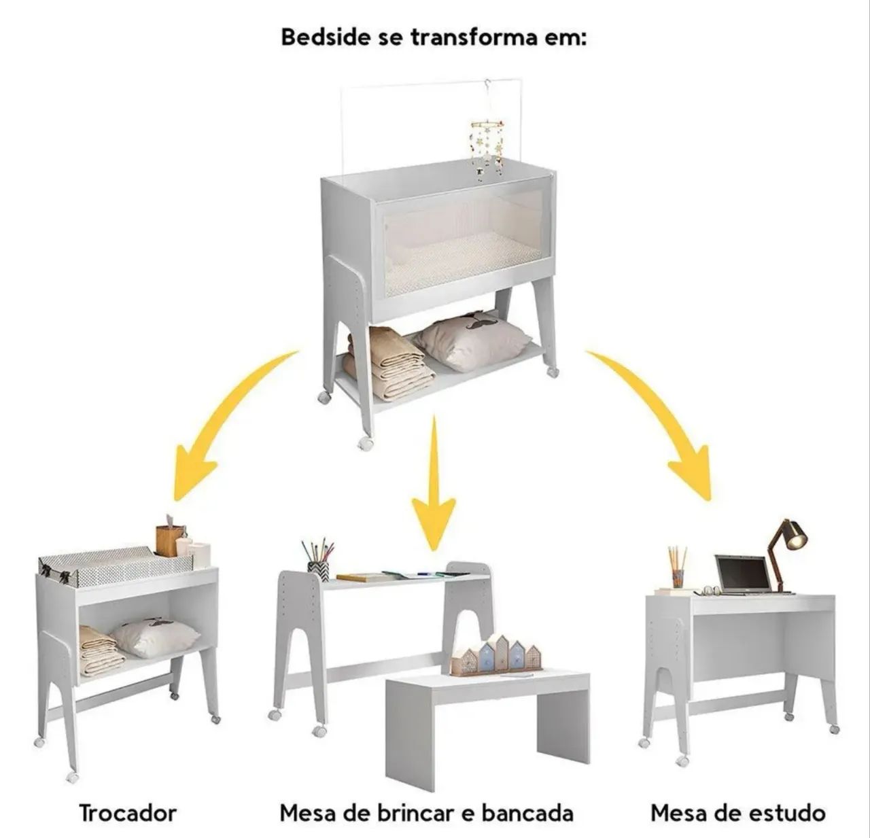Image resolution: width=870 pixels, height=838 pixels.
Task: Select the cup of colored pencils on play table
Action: [x=318, y=559]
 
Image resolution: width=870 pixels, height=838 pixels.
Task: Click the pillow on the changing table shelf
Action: [x=155, y=636]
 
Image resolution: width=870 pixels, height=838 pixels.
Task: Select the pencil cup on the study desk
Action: [x=678, y=568]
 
